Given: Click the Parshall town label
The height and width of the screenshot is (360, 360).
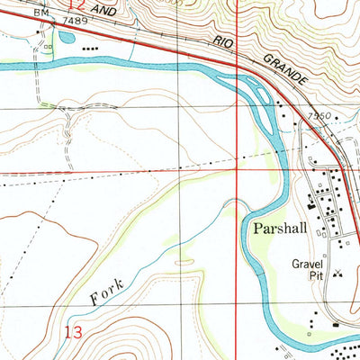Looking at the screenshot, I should tap(281, 229).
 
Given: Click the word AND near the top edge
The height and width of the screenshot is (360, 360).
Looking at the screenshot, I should tap(105, 8).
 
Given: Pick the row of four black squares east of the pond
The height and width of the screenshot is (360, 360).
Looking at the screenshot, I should tap(91, 49).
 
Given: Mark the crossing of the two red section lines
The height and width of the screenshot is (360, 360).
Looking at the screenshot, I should tap(237, 167).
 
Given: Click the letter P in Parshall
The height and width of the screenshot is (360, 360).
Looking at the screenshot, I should tap(257, 229).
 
